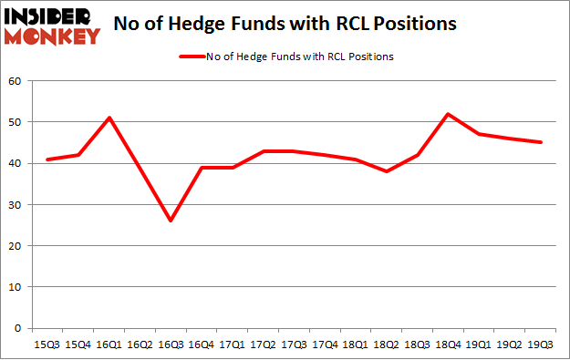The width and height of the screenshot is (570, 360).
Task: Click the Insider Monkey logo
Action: tap(52, 26)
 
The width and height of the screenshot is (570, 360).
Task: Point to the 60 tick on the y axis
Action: tap(15, 81)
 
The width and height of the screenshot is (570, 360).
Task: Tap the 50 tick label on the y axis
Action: tap(15, 122)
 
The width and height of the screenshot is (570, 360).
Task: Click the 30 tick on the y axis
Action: tap(15, 204)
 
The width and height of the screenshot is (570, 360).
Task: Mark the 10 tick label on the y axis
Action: tap(15, 286)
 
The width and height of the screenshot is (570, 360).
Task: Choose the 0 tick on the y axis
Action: tap(17, 327)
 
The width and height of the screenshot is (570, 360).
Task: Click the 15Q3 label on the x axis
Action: tap(47, 344)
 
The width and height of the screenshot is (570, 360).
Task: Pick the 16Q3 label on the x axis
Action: tap(171, 344)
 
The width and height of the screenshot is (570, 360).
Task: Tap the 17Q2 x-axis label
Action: tap(264, 344)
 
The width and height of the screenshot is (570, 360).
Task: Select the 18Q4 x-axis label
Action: tap(450, 344)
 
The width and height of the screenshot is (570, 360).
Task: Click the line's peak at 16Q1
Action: tap(109, 118)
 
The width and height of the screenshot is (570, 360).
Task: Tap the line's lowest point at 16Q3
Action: tap(171, 221)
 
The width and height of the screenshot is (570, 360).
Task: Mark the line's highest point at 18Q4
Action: tap(450, 114)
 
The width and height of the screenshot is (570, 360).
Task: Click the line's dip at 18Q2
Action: tap(388, 171)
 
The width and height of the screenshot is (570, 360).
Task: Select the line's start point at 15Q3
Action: tap(47, 159)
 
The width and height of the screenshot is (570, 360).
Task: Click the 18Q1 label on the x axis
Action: tap(357, 344)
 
